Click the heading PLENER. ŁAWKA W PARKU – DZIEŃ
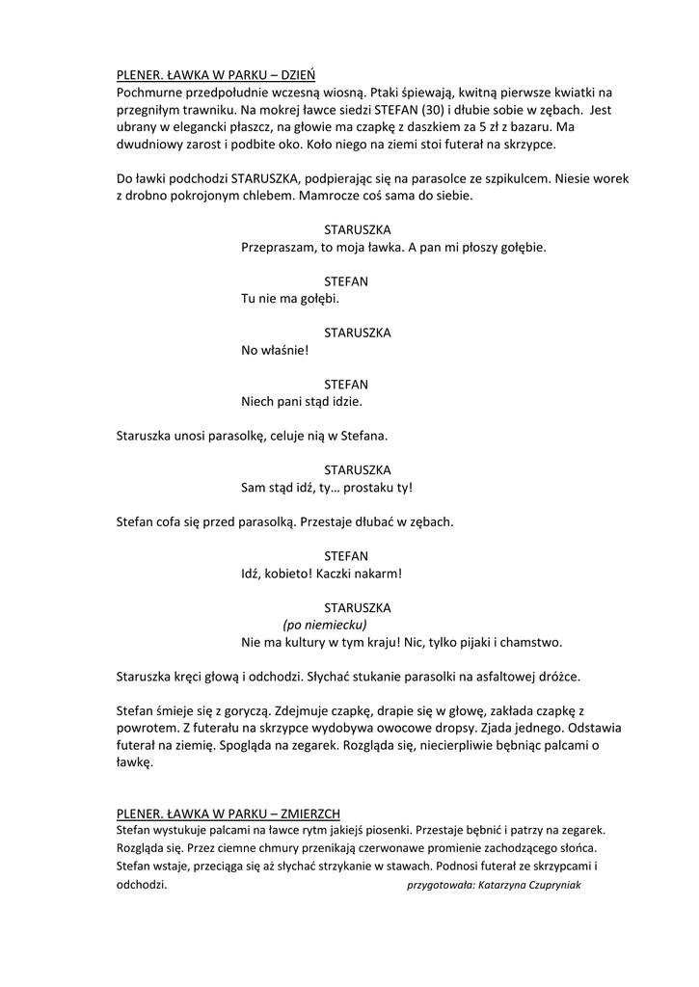coord(215,74)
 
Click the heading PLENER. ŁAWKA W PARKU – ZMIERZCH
coord(227,813)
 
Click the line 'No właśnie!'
coord(275,350)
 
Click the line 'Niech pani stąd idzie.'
coord(301,401)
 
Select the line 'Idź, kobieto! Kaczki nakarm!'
coord(320,573)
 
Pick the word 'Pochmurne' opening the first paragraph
coord(148,93)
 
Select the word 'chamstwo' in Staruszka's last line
coord(530,642)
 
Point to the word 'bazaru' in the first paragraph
coord(528,127)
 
